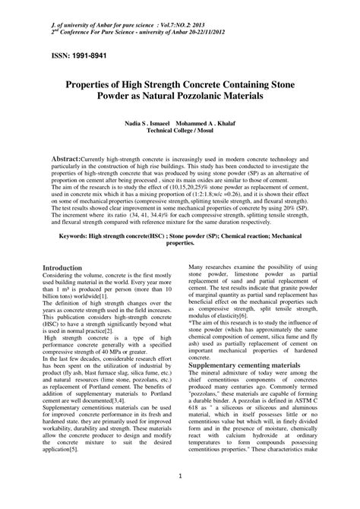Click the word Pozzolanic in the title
(x=227, y=98)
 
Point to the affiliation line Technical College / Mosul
(x=180, y=130)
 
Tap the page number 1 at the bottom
(x=180, y=476)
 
